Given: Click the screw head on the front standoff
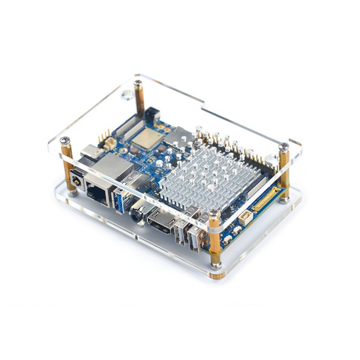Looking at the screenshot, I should click(214, 215).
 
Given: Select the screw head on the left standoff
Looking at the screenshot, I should click(65, 140).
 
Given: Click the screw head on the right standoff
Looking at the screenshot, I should click(283, 147).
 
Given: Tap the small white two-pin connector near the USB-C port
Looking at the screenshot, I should click(109, 143).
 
